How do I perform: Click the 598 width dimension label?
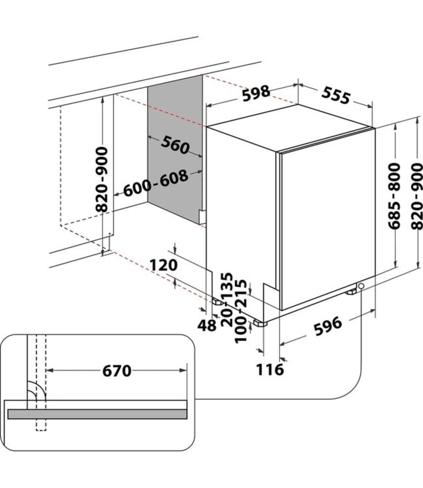[x=256, y=93]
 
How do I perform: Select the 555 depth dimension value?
[x=336, y=96]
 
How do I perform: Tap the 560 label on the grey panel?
[x=175, y=145]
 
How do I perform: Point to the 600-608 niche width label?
[x=156, y=183]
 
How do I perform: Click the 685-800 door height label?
[x=394, y=196]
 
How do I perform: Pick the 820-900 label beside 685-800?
[x=417, y=197]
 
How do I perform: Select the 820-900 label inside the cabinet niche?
[x=101, y=180]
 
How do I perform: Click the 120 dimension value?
[x=164, y=265]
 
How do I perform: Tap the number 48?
[x=207, y=325]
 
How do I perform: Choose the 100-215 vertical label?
[x=241, y=311]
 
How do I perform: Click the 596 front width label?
[x=328, y=326]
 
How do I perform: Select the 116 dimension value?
[x=270, y=370]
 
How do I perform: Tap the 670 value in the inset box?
[x=117, y=371]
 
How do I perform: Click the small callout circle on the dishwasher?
[x=361, y=285]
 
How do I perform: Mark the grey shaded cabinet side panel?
[x=175, y=149]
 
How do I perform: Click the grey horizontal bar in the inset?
[x=98, y=414]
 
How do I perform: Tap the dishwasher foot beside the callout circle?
[x=351, y=292]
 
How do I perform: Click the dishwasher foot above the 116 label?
[x=260, y=323]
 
